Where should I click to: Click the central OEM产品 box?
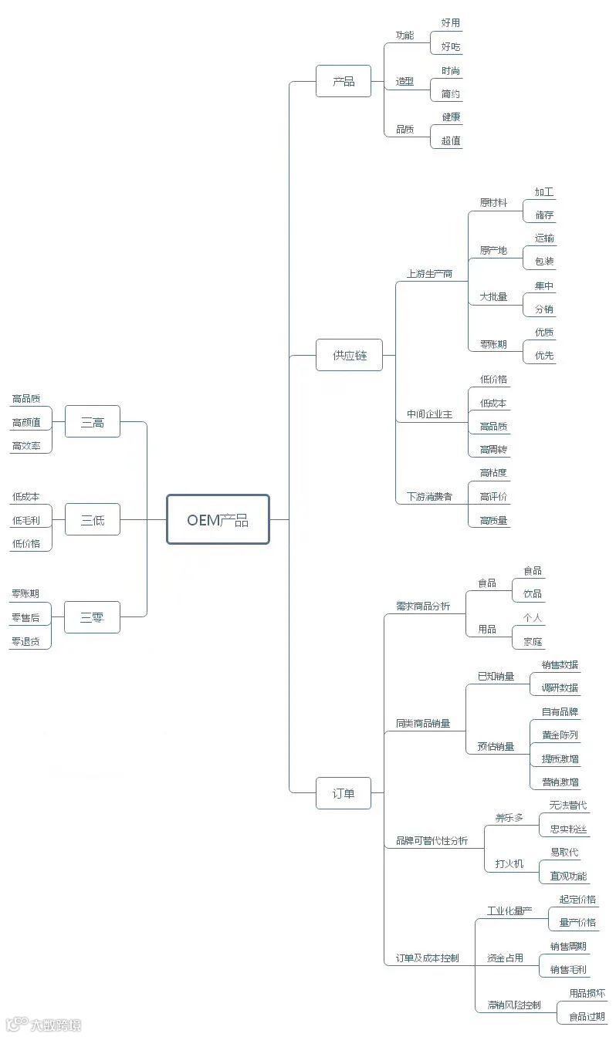click(x=218, y=519)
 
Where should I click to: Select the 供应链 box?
click(x=349, y=355)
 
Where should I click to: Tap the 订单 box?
click(x=344, y=792)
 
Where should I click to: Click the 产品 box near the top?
click(x=344, y=81)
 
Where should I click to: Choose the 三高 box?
click(x=93, y=422)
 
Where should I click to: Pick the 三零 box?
click(x=93, y=617)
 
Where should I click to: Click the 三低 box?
click(x=93, y=519)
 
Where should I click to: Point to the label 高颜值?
click(x=26, y=423)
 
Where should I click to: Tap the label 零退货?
click(x=26, y=641)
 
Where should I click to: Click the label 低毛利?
click(x=26, y=521)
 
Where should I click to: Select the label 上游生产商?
click(x=429, y=274)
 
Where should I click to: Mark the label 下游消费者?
click(x=429, y=497)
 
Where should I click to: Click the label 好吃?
click(x=451, y=47)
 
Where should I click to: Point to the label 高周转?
click(x=493, y=450)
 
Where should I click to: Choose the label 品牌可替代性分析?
click(x=432, y=840)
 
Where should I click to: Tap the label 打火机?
click(x=509, y=864)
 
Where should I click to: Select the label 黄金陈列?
click(x=560, y=735)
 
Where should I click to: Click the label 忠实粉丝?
click(x=568, y=829)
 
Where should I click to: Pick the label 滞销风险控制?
click(x=514, y=1005)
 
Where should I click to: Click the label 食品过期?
click(x=587, y=1017)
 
